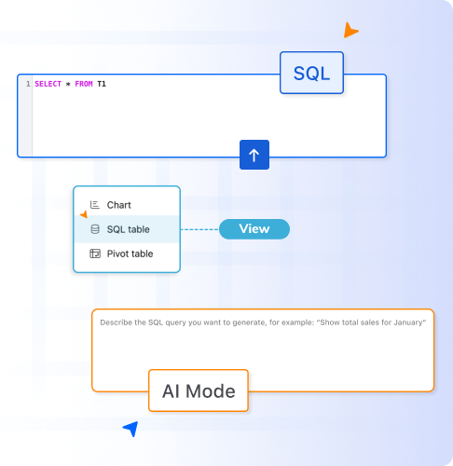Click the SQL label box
(x=311, y=73)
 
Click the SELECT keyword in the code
(x=48, y=84)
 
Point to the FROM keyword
(x=84, y=84)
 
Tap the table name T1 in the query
(x=102, y=84)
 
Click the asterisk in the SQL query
(x=68, y=84)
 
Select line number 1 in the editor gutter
(x=28, y=84)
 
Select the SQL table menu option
(x=127, y=229)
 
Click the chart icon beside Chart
(x=95, y=205)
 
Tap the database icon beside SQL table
(x=95, y=229)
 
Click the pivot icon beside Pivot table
(x=95, y=254)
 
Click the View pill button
(x=254, y=229)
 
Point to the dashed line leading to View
(x=199, y=229)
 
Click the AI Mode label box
(x=199, y=391)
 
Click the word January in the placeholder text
(x=408, y=322)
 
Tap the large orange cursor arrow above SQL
(x=350, y=30)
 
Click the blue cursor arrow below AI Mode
(x=131, y=429)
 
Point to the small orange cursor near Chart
(x=84, y=214)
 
